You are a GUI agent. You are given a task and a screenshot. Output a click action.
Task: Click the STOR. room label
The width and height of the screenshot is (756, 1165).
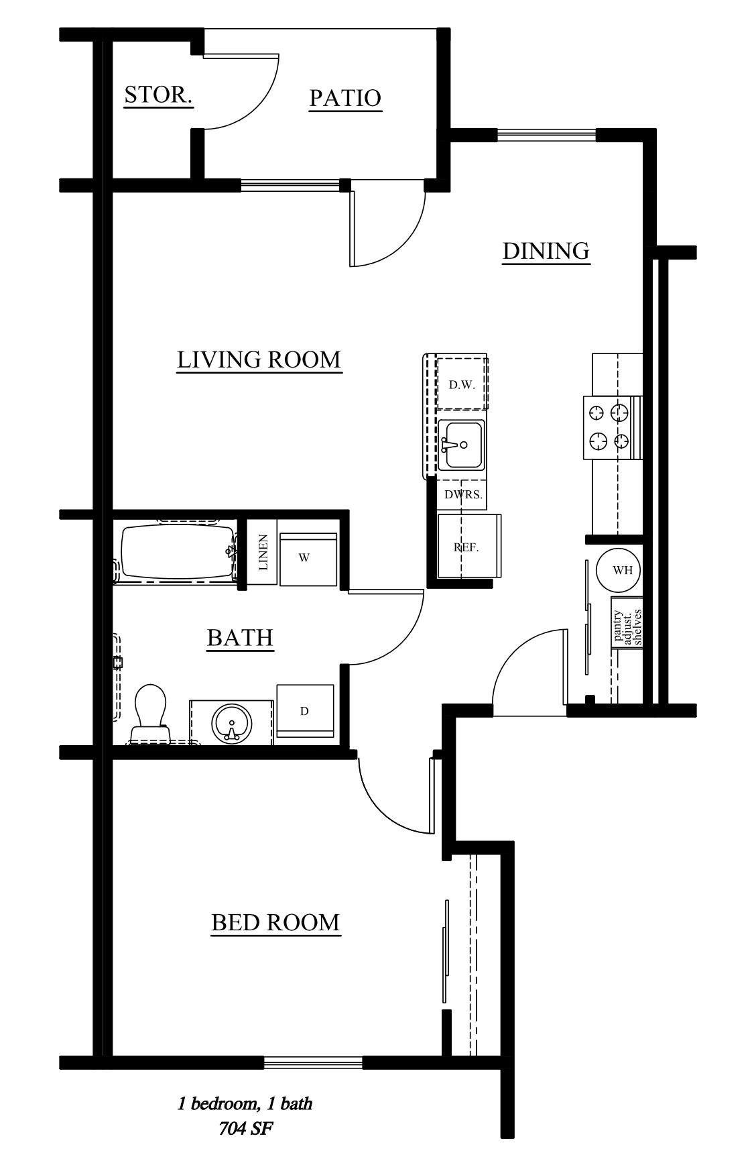point(159,95)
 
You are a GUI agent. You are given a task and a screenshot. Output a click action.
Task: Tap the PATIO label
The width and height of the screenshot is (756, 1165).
point(345,98)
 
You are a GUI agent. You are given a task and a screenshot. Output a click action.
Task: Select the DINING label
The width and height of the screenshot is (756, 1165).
point(546,251)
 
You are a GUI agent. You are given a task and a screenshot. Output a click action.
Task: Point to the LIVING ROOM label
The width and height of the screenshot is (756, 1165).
point(259,359)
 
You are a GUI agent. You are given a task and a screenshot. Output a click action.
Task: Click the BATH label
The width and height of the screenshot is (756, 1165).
point(240,637)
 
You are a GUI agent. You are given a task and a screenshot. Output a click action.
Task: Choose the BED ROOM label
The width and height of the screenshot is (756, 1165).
point(275,923)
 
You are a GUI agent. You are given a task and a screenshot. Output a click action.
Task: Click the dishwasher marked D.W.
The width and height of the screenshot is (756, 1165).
point(462,384)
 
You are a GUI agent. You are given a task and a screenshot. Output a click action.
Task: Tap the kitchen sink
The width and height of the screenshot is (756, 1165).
point(461,445)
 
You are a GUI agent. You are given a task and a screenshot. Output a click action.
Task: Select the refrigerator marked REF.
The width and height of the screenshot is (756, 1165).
point(468,546)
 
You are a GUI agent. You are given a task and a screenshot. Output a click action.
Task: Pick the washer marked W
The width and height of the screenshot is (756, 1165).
point(308,559)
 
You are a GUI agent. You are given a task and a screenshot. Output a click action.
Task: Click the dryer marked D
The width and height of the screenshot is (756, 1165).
point(305,711)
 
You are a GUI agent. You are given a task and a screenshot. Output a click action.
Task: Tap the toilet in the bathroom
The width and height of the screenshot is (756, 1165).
point(149,714)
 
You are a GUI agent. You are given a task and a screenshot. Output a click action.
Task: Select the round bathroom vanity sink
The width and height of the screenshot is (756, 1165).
point(232,723)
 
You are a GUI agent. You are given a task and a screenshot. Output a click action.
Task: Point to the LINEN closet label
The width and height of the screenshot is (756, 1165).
point(263,553)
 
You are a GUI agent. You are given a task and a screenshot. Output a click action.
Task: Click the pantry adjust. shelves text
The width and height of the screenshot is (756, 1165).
point(628,627)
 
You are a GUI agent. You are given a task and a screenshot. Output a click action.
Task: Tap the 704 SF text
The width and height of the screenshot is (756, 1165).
point(245,1129)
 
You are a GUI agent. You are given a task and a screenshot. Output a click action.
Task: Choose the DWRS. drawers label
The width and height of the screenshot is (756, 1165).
point(462,495)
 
